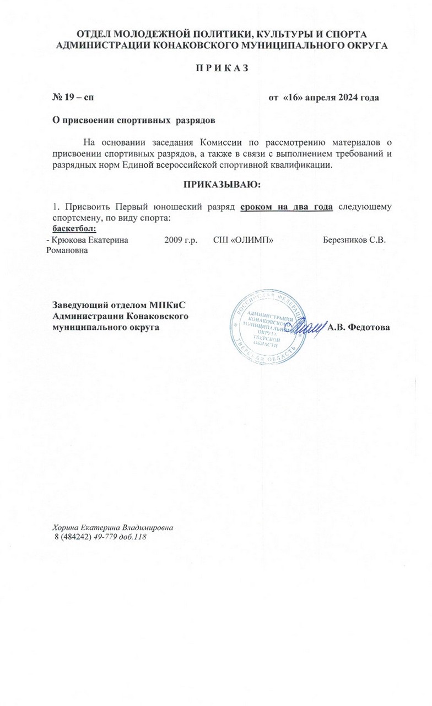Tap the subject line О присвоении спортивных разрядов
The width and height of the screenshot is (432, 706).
coord(131,120)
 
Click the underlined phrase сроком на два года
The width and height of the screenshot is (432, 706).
coord(287,207)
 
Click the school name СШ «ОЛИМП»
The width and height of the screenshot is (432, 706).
coord(244,240)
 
